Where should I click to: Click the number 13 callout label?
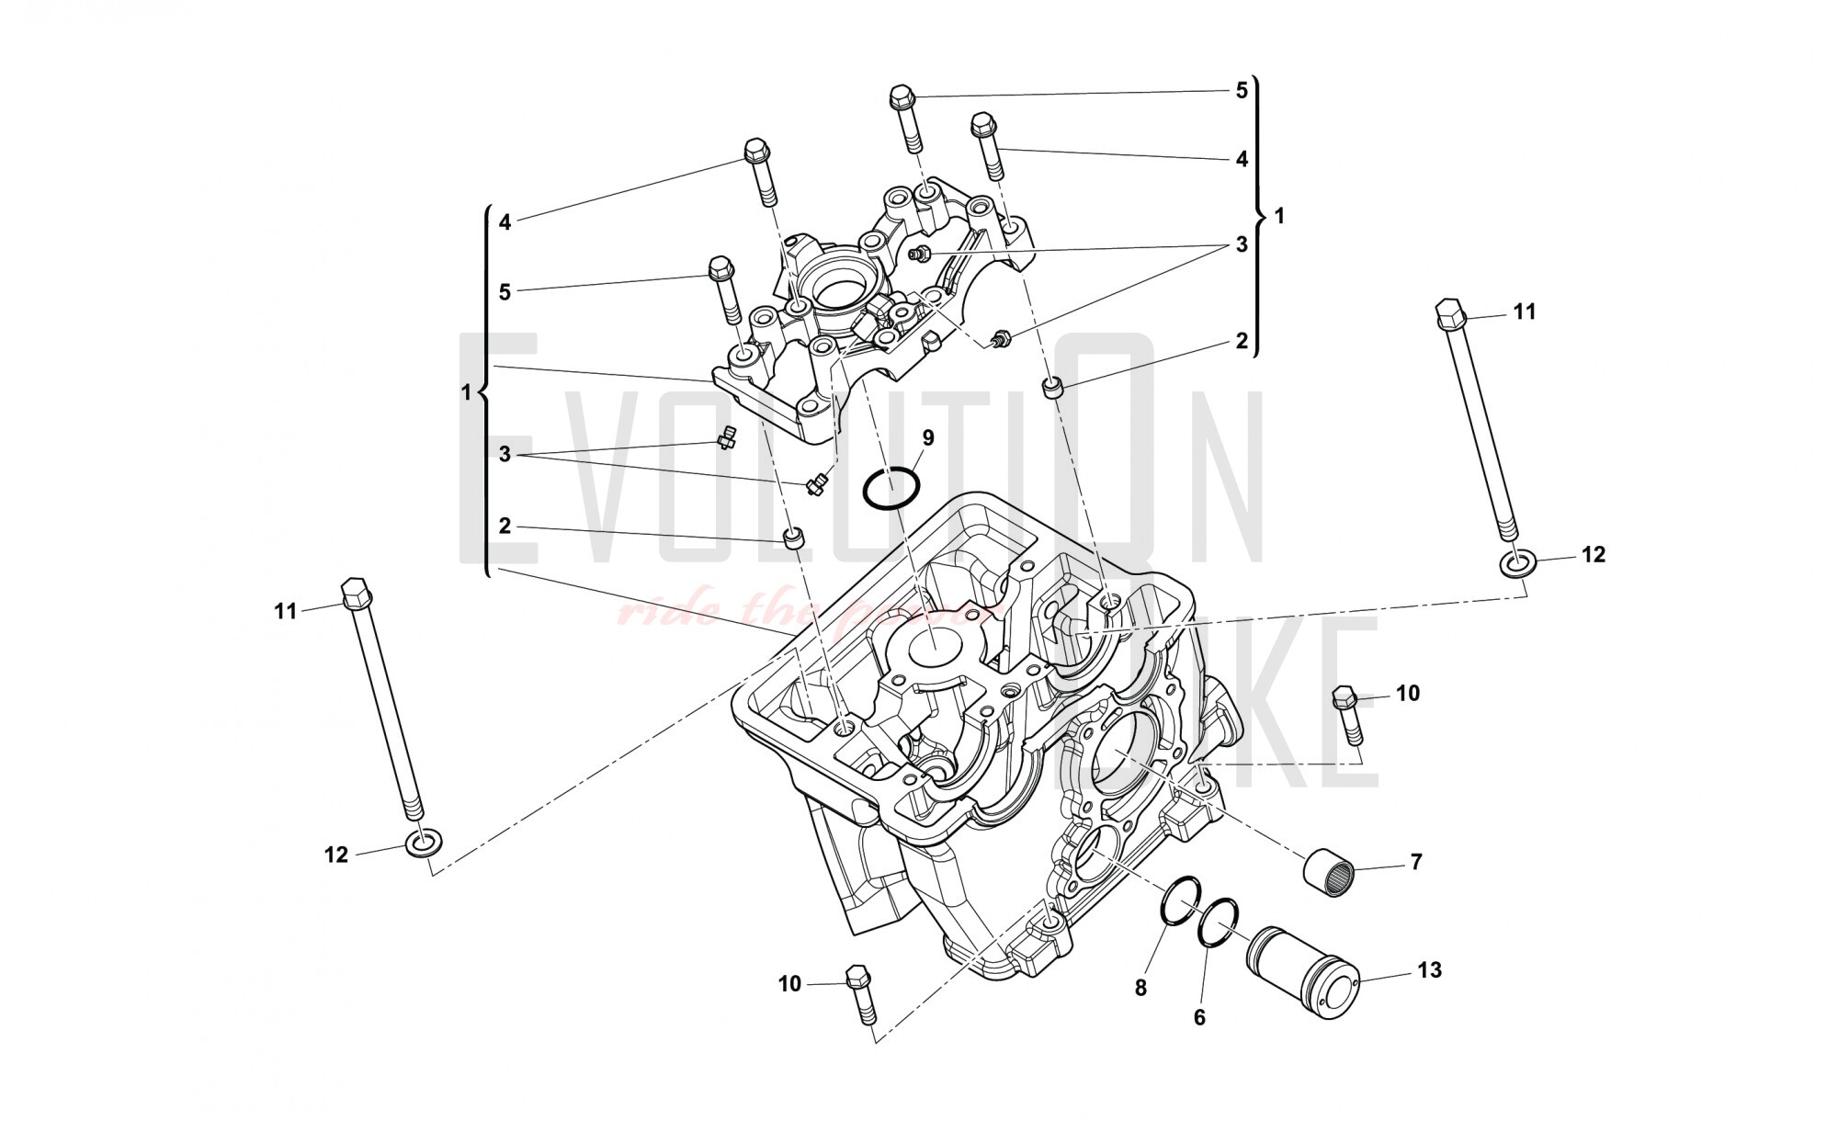click(1430, 969)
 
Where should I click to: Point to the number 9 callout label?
click(927, 437)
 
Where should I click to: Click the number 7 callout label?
click(1415, 862)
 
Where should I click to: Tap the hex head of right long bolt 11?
click(1449, 313)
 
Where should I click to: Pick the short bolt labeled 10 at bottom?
click(861, 994)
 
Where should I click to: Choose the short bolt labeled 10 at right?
click(1348, 719)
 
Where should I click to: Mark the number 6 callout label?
click(1199, 1018)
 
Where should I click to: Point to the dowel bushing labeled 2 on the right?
click(1054, 388)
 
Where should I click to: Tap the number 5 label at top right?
click(1242, 90)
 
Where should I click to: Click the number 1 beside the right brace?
click(1280, 216)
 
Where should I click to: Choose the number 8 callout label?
click(1140, 988)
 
